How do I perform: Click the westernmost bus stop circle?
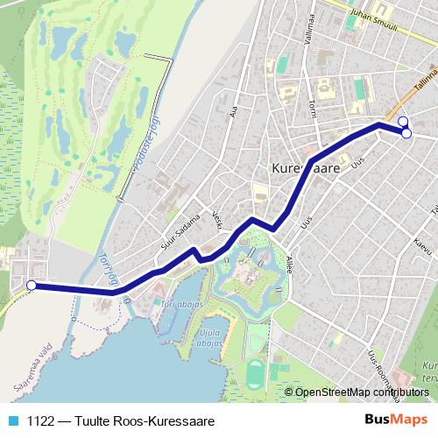[32, 285]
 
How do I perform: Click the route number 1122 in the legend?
[39, 420]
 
